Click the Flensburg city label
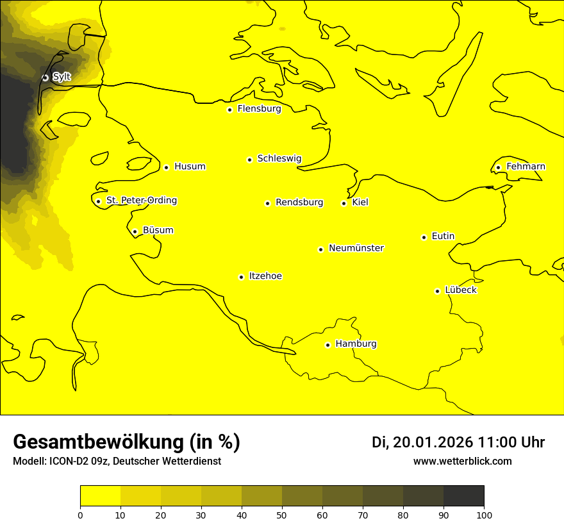point(259,109)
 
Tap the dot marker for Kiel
point(344,203)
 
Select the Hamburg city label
point(356,344)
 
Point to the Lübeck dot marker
point(438,291)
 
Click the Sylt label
point(62,77)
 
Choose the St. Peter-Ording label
point(141,201)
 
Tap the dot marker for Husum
point(167,167)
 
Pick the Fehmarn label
point(526,167)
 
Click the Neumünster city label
point(356,248)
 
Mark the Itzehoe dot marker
point(241,277)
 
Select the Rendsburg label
point(299,203)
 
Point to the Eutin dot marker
point(424,237)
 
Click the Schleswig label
point(279,158)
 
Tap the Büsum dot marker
point(135,231)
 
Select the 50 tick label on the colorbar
point(282,514)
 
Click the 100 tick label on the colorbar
point(484,514)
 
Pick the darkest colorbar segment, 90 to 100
point(463,495)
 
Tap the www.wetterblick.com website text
point(462,461)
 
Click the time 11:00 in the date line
point(502,442)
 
